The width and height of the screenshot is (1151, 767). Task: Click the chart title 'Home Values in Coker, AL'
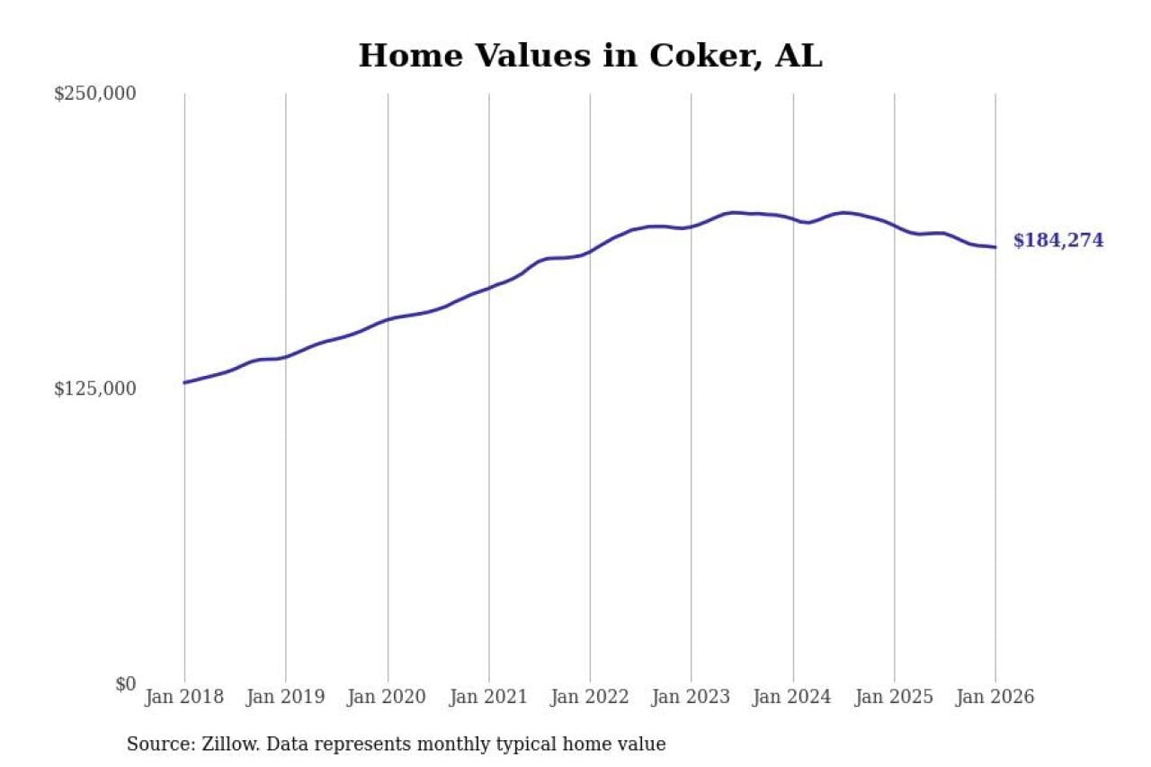coord(590,56)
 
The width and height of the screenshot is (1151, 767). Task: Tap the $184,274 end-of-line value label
coord(1057,241)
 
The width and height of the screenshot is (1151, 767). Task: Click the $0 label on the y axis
coord(125,683)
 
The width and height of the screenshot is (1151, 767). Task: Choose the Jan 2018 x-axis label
coord(184,698)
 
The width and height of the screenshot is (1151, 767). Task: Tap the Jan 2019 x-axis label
coord(286,698)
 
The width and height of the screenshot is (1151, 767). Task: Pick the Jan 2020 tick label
coord(388,698)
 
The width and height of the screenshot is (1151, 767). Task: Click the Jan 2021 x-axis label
coord(489,698)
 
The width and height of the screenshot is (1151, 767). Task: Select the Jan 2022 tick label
coord(590,698)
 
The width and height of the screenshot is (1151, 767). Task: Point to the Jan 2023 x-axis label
coord(691,698)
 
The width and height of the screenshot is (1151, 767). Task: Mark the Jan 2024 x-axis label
coord(793,698)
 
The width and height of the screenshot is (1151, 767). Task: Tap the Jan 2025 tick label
coord(894,698)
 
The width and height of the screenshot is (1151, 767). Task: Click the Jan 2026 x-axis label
coord(995,698)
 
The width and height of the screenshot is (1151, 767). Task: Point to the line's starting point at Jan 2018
coord(184,383)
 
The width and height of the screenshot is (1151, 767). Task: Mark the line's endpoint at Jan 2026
coord(995,247)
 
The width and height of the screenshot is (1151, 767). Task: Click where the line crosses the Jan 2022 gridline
coord(590,252)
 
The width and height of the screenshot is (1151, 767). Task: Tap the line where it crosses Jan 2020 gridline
coord(388,319)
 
